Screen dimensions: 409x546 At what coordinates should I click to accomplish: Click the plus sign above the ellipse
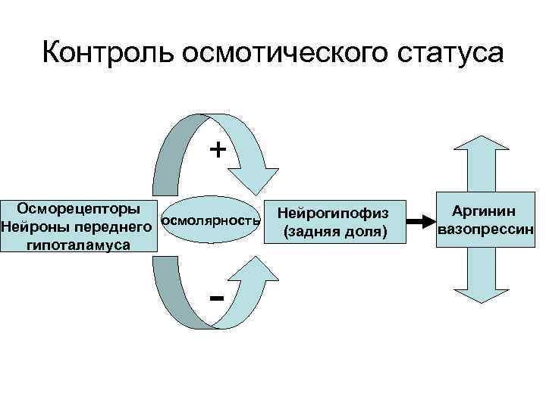218,149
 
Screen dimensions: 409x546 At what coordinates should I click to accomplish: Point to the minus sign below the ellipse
217,297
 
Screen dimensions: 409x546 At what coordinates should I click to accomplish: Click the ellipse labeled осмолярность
212,221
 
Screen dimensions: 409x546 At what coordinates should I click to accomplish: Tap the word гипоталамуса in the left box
78,245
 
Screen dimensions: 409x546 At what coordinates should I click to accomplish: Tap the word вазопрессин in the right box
486,228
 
